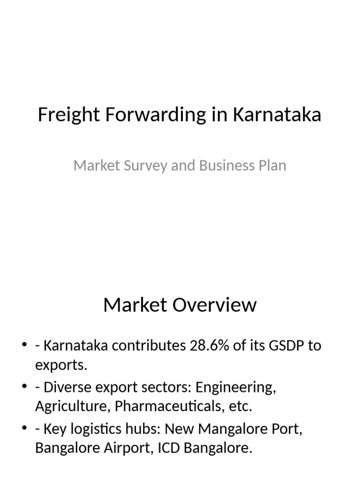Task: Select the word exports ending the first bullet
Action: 61,365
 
